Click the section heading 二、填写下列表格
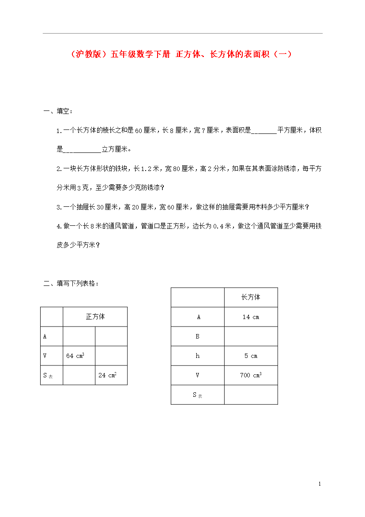tap(71, 283)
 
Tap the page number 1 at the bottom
tap(320, 484)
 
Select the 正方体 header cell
tap(95, 317)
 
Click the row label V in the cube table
tap(45, 356)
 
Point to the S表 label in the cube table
tap(48, 376)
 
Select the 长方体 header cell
tap(251, 297)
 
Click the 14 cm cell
tap(251, 317)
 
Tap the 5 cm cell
tap(251, 356)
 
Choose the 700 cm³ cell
tap(251, 375)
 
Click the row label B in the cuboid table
tap(198, 336)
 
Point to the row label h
tap(198, 356)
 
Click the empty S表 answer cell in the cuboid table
tap(251, 395)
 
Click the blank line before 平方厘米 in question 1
tap(263, 131)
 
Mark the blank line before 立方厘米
tap(82, 150)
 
